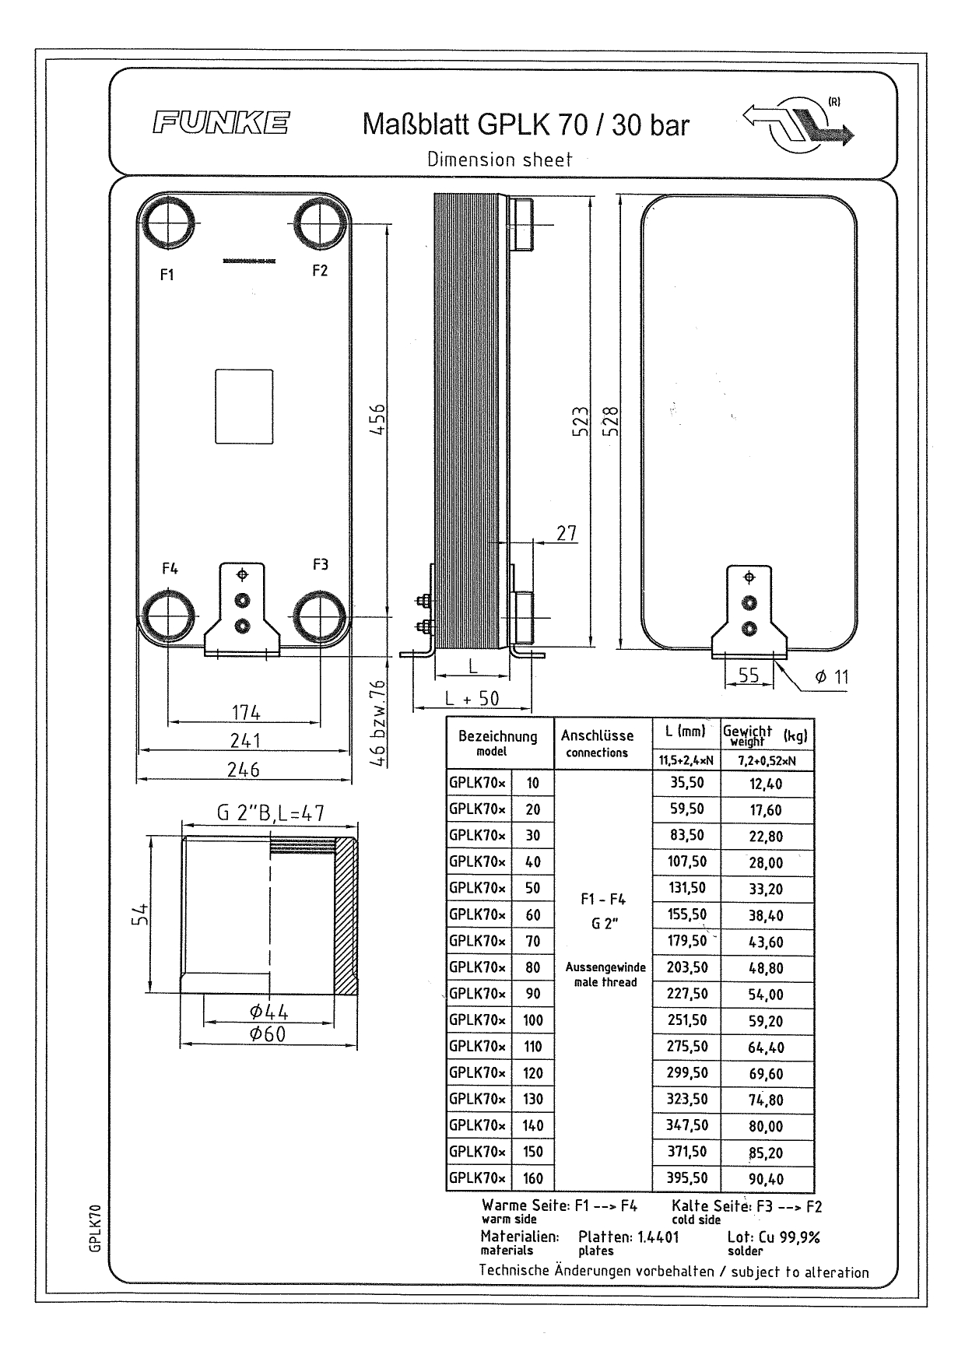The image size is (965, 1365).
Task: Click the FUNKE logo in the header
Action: (221, 123)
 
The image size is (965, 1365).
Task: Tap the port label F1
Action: (167, 275)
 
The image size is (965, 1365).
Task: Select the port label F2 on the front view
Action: (320, 270)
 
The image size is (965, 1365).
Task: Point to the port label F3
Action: (321, 564)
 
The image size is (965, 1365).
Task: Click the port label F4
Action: (170, 568)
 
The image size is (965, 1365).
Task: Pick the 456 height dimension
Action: (377, 419)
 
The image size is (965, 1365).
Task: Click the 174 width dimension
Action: (246, 712)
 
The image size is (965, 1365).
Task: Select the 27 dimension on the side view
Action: (567, 532)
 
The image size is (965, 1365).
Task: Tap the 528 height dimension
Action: (611, 421)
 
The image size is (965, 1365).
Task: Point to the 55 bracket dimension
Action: (749, 675)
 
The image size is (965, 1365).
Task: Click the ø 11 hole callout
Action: (832, 676)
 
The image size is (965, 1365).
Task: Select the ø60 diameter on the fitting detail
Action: (268, 1033)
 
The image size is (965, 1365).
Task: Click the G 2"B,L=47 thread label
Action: (270, 813)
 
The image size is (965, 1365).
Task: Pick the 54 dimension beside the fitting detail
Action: (140, 915)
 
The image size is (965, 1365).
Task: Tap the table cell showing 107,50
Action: (687, 861)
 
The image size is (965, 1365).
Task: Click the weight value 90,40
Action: (767, 1179)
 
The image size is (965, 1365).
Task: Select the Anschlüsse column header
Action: (598, 735)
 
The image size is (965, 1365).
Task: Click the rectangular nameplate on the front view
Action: (244, 406)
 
